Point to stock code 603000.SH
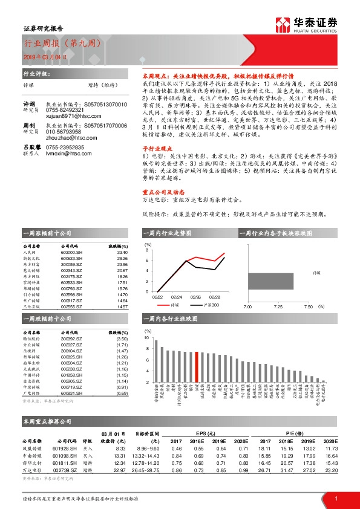(71, 253)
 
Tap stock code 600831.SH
(71, 394)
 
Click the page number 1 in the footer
(335, 498)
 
